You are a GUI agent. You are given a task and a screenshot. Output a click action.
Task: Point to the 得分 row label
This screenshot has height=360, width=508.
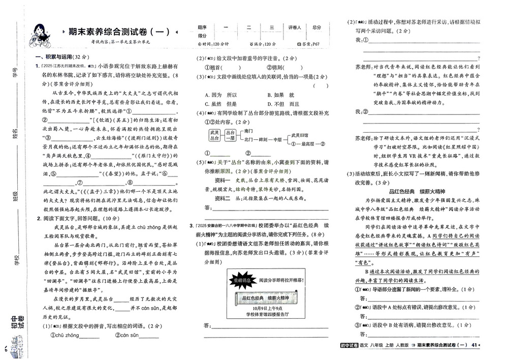point(202,36)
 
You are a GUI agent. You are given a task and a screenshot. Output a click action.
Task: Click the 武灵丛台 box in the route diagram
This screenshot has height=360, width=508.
point(214,135)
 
